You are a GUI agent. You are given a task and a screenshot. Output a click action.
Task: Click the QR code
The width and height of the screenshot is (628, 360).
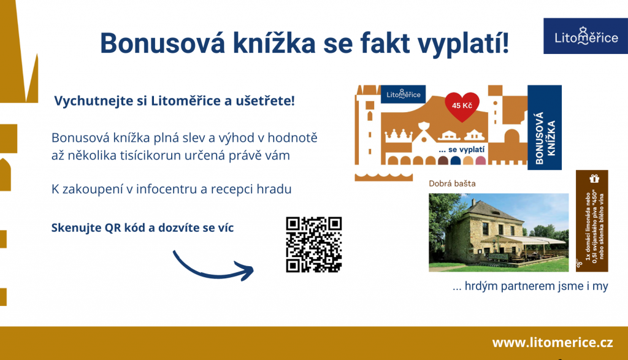coord(313,245)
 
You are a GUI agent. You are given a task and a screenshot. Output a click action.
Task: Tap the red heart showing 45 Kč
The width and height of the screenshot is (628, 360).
coord(462,106)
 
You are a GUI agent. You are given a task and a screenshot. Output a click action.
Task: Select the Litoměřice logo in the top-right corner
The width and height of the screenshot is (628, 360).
coord(586,36)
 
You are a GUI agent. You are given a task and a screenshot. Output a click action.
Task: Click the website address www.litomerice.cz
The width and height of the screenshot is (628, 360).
coord(553,343)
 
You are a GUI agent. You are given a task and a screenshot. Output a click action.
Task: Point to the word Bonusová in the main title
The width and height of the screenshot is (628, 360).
coord(163,44)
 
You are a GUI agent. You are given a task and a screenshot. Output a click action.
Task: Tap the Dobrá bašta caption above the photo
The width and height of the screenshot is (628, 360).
coord(452,183)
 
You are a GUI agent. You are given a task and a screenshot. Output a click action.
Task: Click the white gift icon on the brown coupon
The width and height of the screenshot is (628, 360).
coord(594,178)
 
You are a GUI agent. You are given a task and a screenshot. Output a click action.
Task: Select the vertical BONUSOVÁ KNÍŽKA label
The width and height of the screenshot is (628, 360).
coord(545,138)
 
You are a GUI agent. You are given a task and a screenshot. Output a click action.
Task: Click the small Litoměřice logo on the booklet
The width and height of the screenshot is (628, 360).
coord(404,94)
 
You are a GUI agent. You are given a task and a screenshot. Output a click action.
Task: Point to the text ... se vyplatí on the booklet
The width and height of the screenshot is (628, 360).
coord(461,150)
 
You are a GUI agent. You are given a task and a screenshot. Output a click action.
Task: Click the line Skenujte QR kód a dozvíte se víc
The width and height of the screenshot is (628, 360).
coord(142,228)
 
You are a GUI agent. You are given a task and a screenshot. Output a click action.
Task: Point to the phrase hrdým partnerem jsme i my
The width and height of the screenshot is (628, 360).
coord(536,287)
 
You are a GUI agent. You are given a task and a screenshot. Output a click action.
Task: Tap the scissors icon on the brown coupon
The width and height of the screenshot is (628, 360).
coord(579,263)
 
